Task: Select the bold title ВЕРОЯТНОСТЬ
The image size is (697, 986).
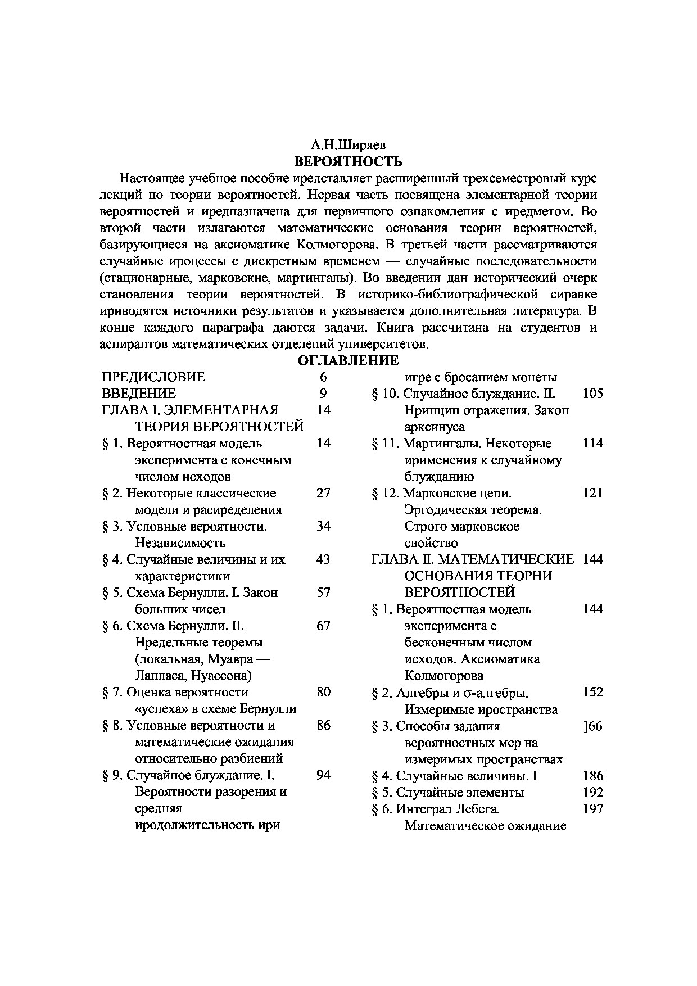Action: coord(348,162)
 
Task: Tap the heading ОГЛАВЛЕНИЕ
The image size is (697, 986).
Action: coord(348,360)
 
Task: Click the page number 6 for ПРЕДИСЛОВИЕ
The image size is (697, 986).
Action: coord(323,377)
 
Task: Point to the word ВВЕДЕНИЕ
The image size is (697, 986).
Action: coord(139,394)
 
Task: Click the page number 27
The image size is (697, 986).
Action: coord(323,493)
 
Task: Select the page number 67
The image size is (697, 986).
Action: coord(323,626)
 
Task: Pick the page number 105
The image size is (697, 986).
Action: coord(593,394)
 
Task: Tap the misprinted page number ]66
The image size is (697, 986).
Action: coord(593,726)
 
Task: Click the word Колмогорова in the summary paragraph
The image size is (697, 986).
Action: coord(332,245)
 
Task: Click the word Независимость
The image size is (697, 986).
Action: coord(180,543)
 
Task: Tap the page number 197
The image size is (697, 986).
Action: coord(593,809)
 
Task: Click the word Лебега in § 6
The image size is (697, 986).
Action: coord(477,809)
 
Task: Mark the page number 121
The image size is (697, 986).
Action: coord(593,493)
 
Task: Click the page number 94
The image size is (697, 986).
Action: coord(323,775)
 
